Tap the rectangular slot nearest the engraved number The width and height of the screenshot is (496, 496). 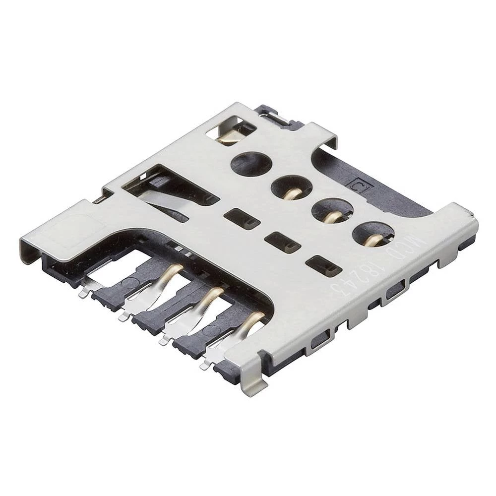pos(323,265)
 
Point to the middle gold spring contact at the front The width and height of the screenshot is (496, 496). pos(210,297)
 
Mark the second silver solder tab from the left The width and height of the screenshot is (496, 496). pos(123,316)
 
